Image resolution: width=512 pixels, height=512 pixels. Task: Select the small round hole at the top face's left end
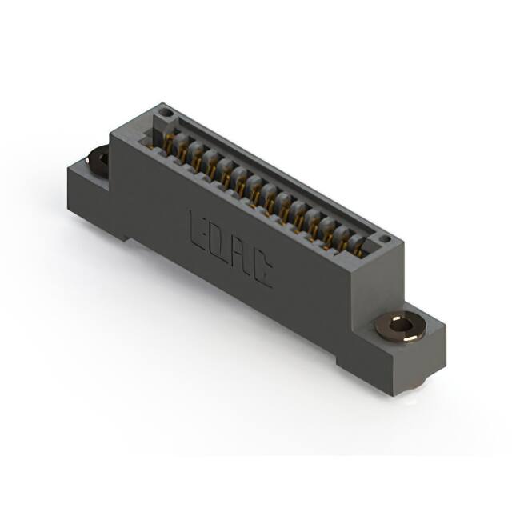(x=165, y=114)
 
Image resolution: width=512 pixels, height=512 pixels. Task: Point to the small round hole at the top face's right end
(x=383, y=238)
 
